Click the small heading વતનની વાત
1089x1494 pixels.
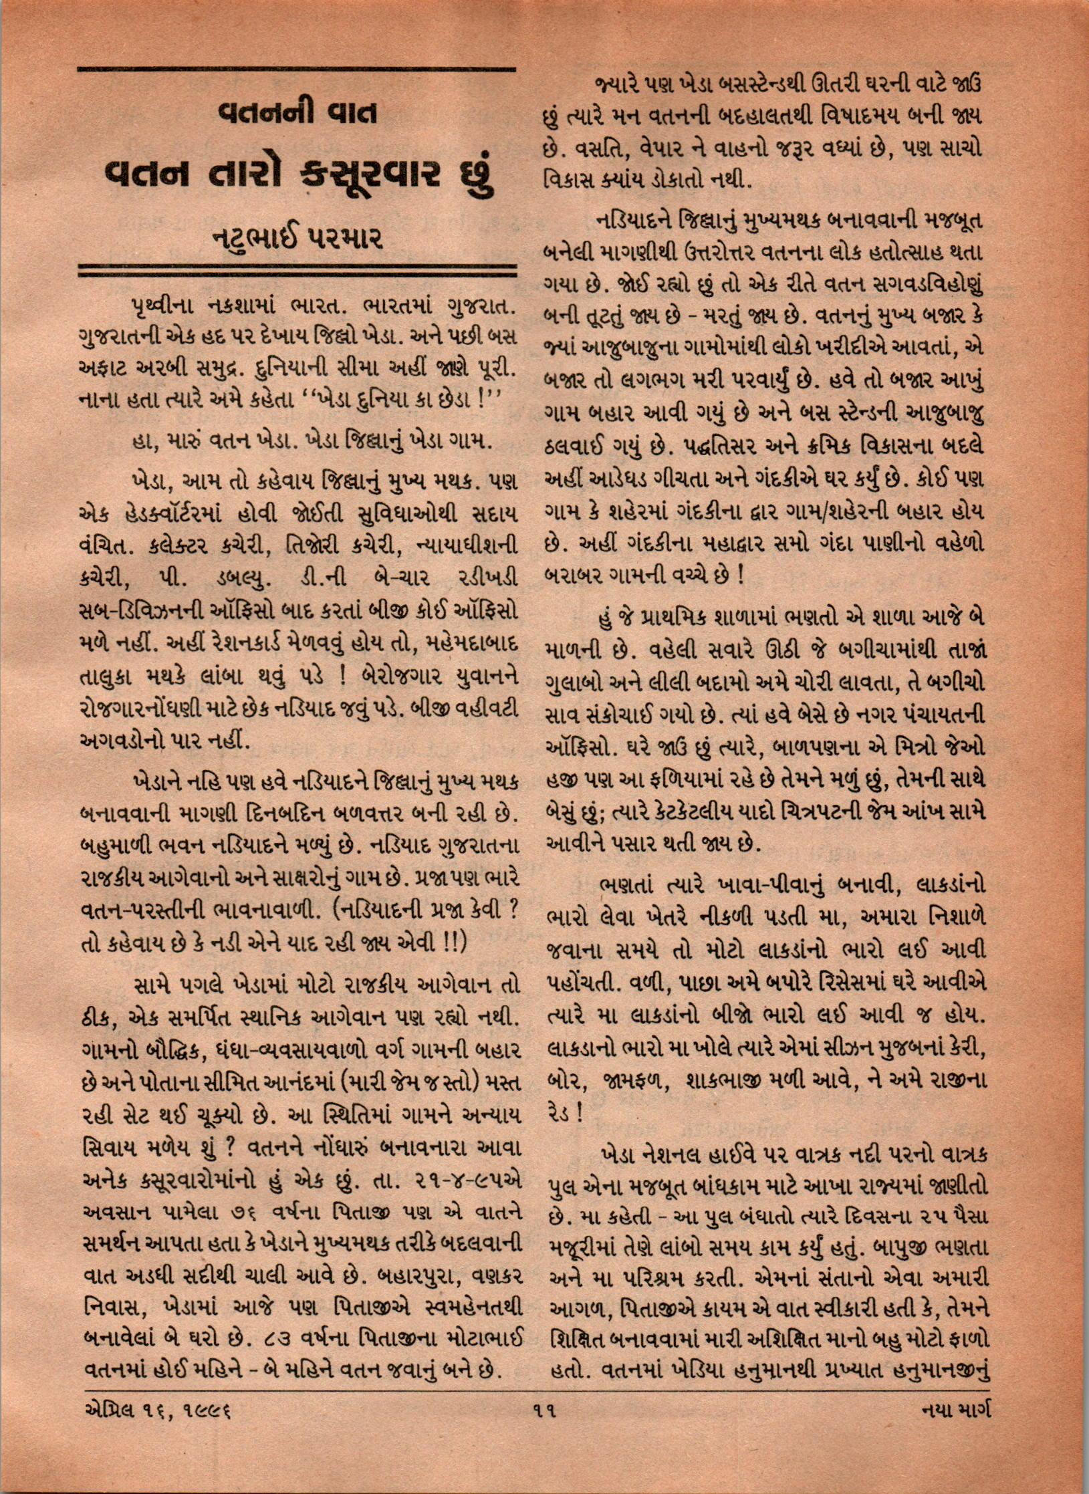[296, 113]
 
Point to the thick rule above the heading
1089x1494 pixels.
[296, 69]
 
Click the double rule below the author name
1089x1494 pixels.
[296, 271]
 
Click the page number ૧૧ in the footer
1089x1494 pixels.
[546, 1444]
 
